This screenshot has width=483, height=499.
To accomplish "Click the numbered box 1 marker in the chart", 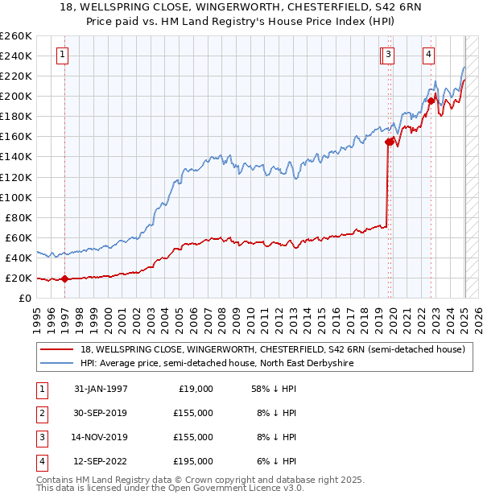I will (x=63, y=55).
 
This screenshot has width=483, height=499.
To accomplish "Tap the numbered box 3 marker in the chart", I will (x=388, y=55).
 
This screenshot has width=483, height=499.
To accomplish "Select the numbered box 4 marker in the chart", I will (x=429, y=55).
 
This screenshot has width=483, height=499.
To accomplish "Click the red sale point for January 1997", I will (x=65, y=279).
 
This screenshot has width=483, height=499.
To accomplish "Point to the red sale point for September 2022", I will (x=431, y=101).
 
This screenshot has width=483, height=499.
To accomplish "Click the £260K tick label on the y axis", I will (x=15, y=36).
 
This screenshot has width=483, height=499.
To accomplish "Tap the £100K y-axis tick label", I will (x=15, y=197).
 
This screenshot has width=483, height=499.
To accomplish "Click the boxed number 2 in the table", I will (x=40, y=413).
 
